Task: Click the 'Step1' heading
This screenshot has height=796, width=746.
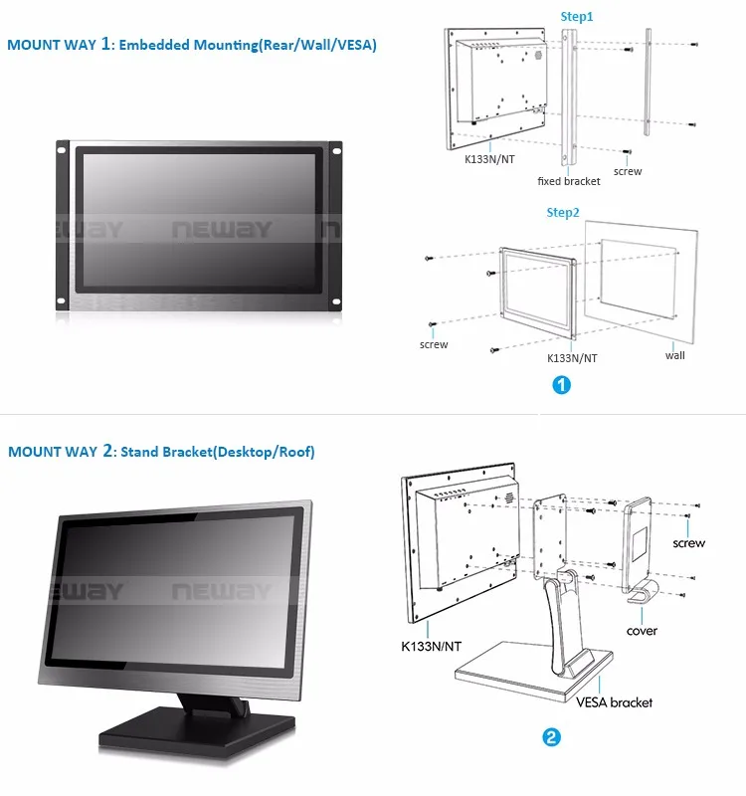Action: (577, 17)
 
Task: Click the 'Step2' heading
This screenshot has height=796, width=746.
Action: (563, 212)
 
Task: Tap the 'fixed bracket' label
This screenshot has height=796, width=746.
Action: (569, 181)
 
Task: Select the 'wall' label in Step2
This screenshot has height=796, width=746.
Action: (675, 355)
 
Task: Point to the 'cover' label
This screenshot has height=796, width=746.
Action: (642, 631)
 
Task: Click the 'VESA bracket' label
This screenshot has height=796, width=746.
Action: (615, 702)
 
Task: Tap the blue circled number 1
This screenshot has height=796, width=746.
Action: (561, 386)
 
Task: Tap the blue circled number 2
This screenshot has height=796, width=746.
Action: (550, 737)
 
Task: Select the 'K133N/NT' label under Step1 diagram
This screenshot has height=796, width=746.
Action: (490, 157)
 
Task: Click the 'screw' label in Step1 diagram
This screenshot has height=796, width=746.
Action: (628, 171)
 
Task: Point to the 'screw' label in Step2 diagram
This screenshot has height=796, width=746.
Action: (434, 344)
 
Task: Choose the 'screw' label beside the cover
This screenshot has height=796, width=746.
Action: (688, 542)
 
